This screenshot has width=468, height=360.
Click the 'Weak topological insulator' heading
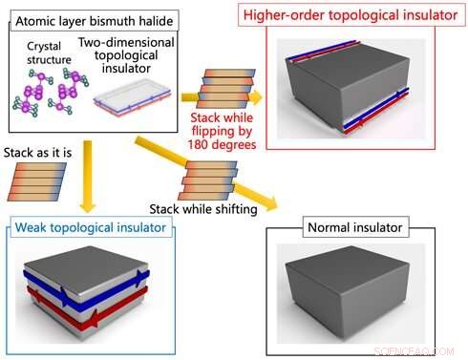pos(91,228)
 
